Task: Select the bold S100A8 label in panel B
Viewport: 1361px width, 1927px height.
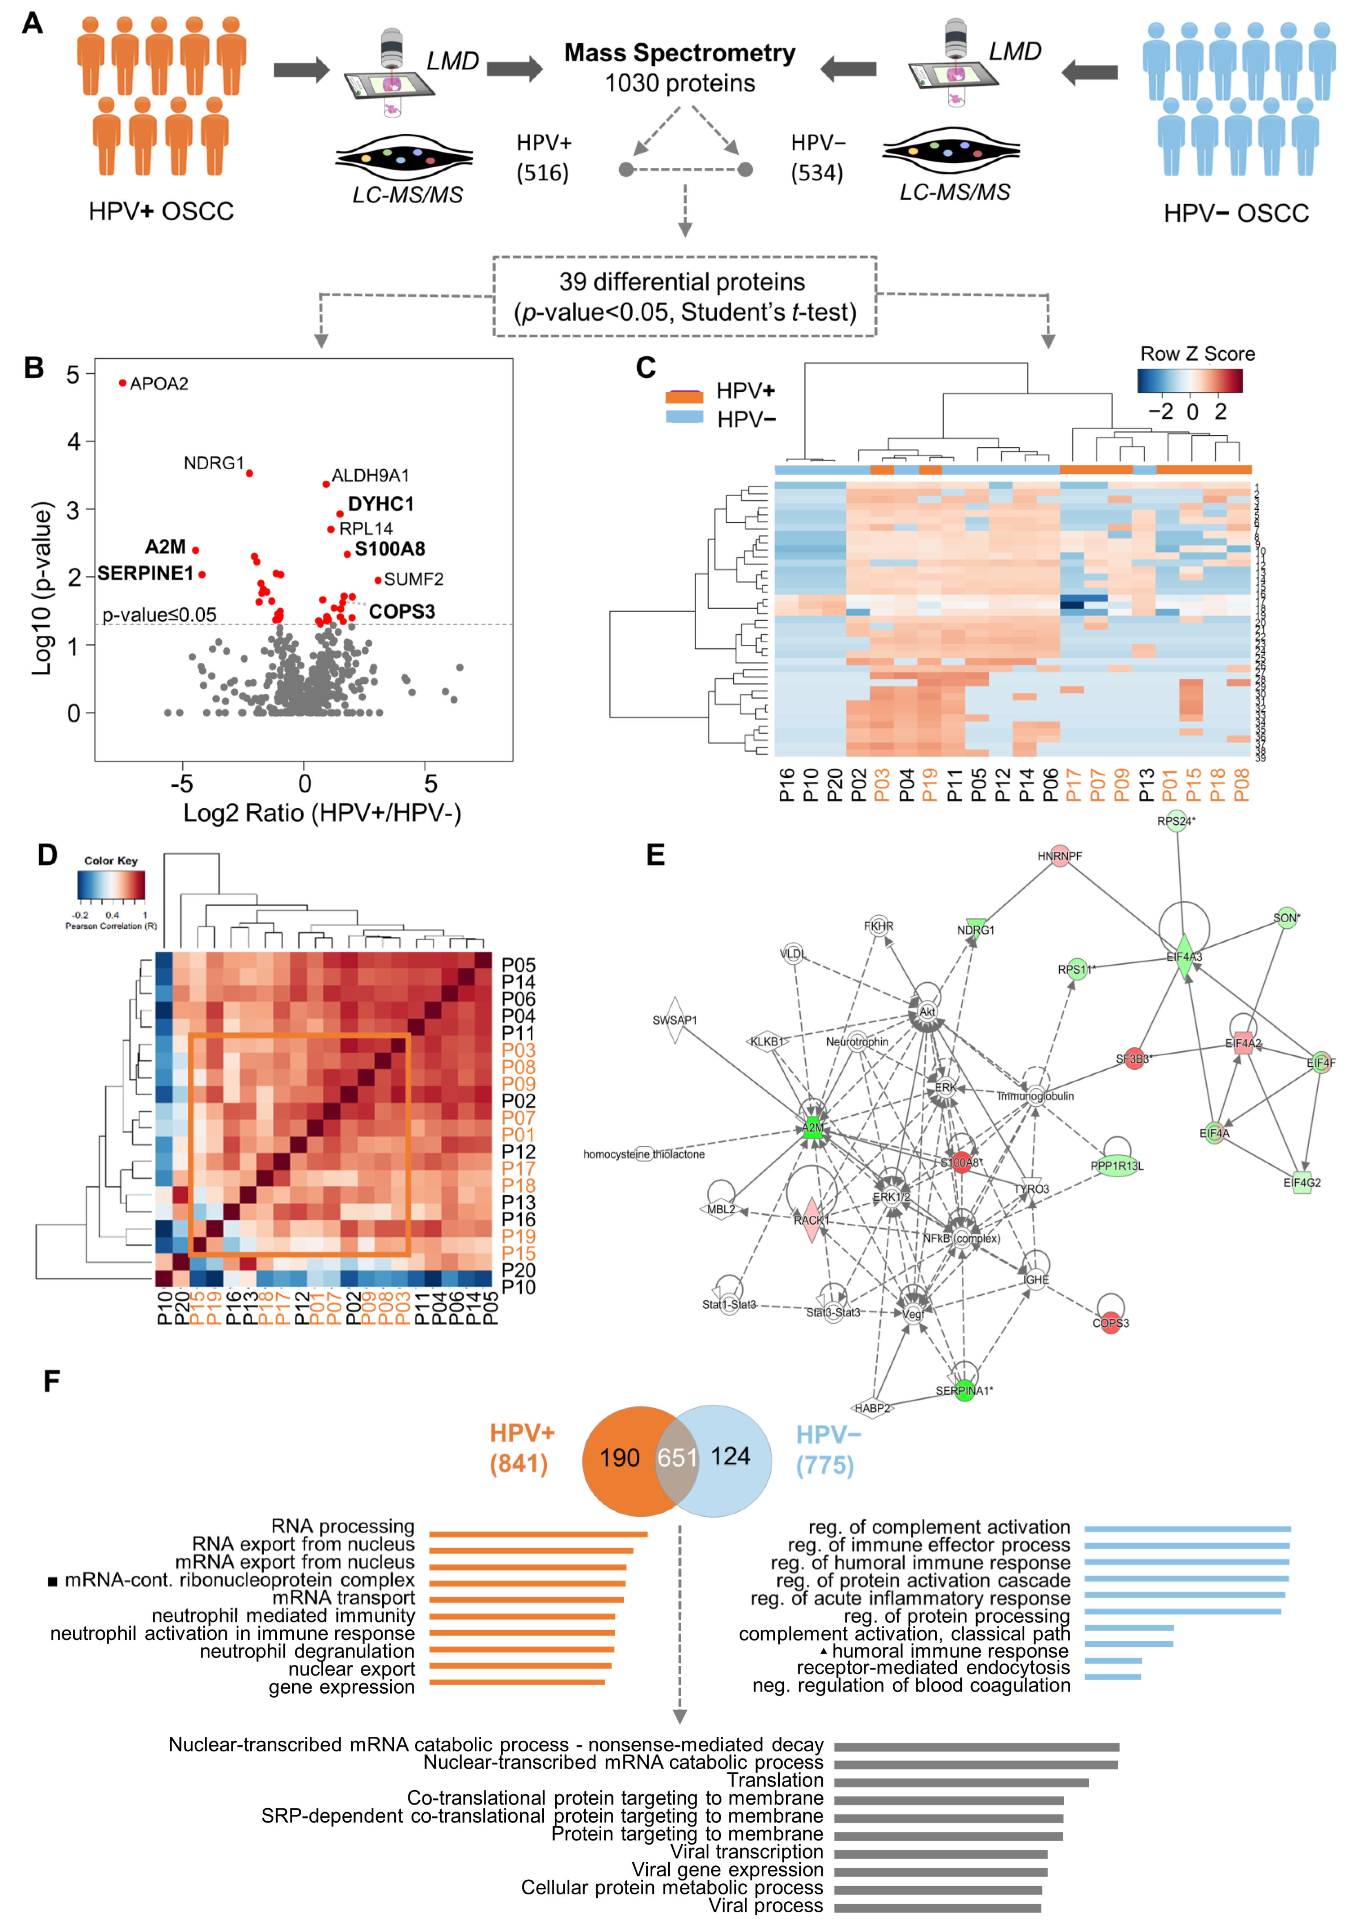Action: click(389, 549)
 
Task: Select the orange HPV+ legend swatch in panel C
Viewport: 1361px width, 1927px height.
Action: click(684, 396)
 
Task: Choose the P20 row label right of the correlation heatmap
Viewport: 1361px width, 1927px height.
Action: click(518, 1270)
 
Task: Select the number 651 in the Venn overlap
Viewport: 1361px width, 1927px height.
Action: click(677, 1457)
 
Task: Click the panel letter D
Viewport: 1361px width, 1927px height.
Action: click(48, 855)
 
